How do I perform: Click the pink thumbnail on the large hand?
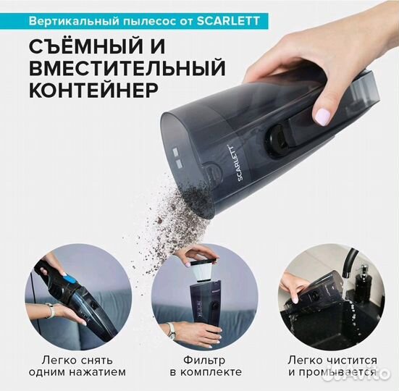322,116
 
